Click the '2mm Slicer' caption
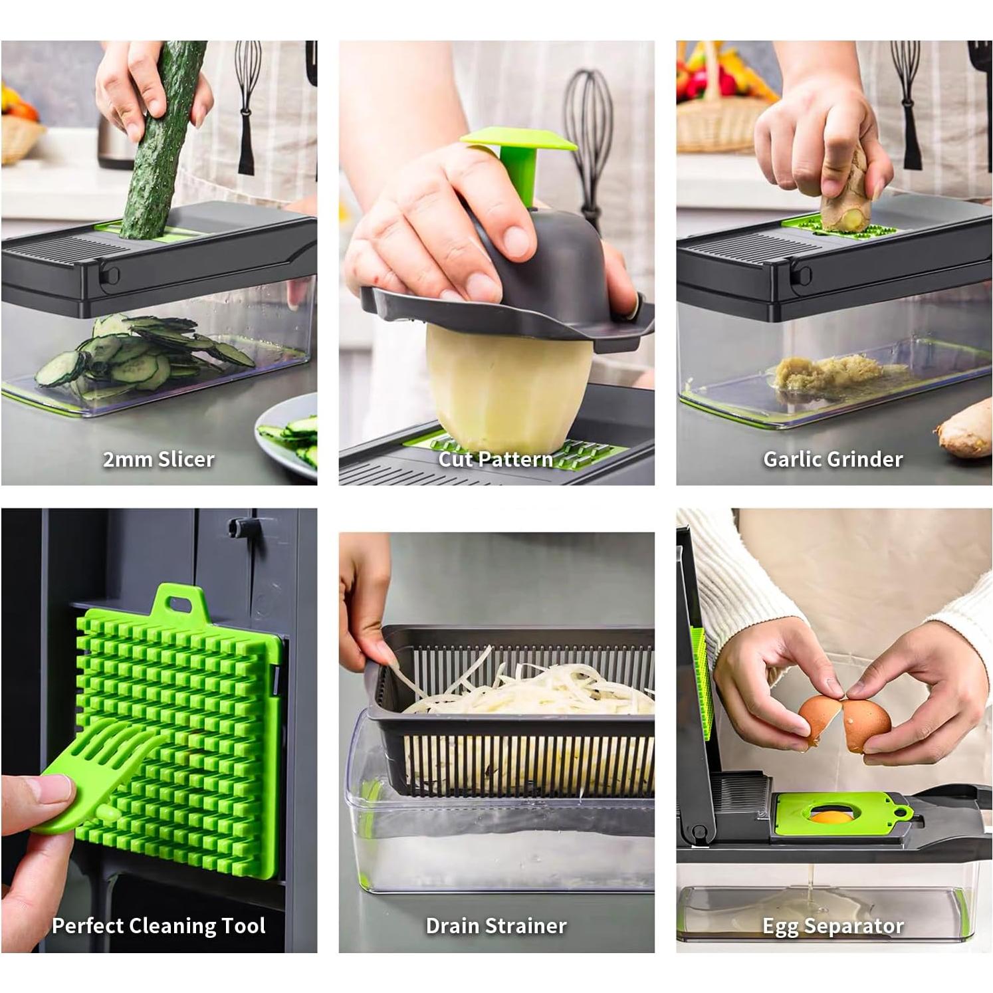pos(158,459)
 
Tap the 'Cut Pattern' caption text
pos(495,459)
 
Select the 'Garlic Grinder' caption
pos(833,459)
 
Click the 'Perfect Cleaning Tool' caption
pos(158,926)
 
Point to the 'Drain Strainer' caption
pos(496,926)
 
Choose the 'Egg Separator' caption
pos(833,926)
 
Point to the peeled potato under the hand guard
pos(505,386)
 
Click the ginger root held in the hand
pos(844,193)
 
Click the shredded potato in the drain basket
pos(532,691)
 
